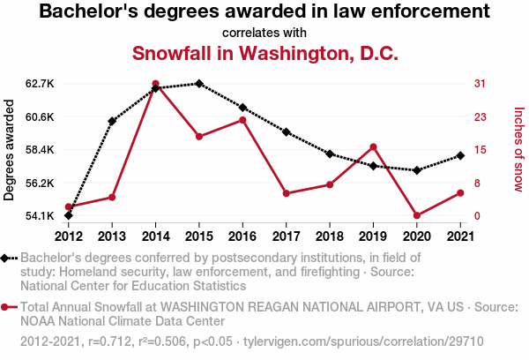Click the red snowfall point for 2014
tap(155, 84)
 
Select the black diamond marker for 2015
tap(199, 84)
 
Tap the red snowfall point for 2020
tap(416, 215)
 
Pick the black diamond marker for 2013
tap(112, 121)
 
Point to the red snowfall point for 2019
tap(373, 146)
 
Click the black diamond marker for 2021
tap(460, 156)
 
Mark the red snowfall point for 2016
tap(242, 120)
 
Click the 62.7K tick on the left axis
tap(41, 84)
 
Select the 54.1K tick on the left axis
tap(41, 216)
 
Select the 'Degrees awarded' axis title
tap(10, 150)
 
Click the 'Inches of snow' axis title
tap(518, 150)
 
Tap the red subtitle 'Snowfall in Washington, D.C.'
tap(264, 53)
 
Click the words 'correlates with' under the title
tap(264, 33)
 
